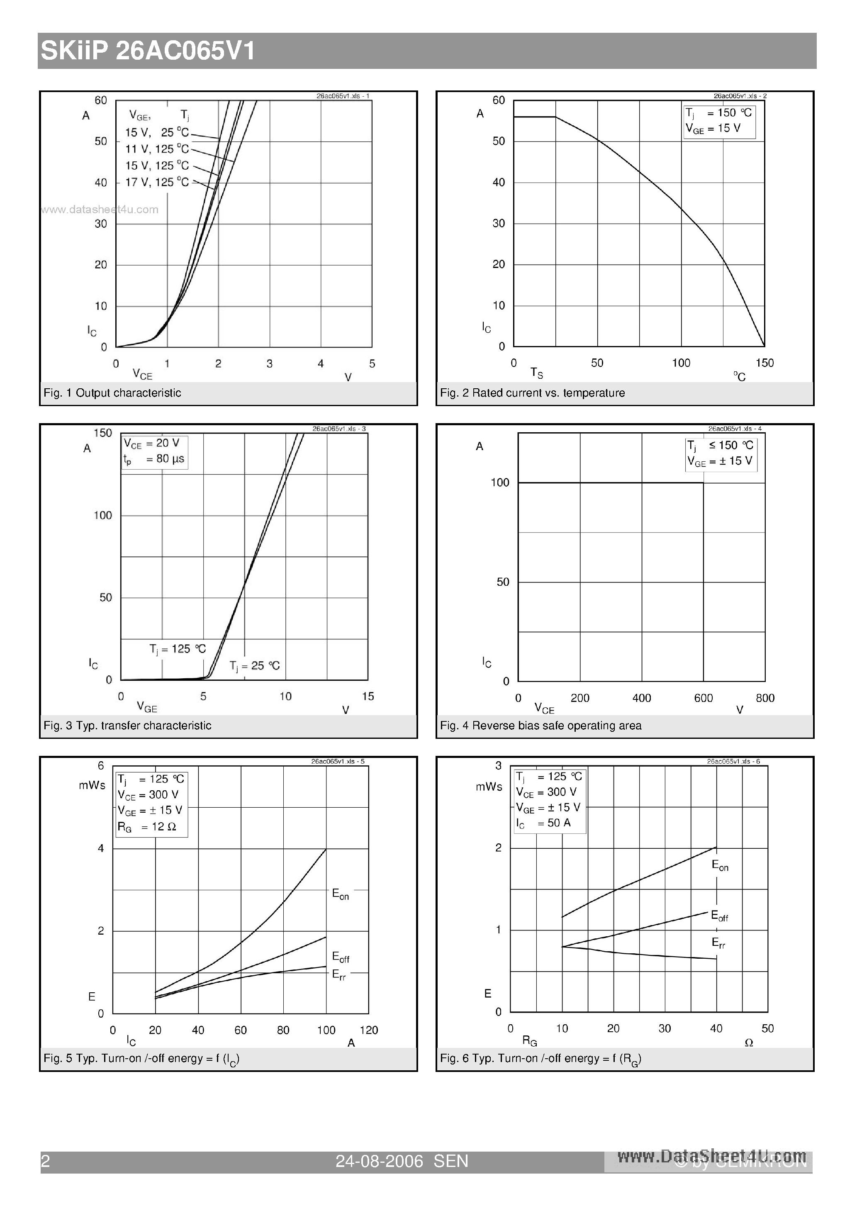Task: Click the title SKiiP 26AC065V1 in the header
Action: [x=148, y=51]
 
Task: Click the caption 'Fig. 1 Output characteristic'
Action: [x=112, y=392]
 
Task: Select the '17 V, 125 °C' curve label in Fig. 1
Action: [x=157, y=182]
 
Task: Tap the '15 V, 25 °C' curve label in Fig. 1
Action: [x=157, y=133]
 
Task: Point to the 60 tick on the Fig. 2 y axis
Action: [x=498, y=100]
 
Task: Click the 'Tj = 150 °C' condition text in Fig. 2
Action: [x=718, y=112]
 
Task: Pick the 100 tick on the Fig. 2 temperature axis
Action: [x=681, y=363]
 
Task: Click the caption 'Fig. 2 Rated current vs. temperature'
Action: [x=532, y=392]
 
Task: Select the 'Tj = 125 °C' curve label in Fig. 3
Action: [x=178, y=649]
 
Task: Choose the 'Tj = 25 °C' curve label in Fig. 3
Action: [x=255, y=666]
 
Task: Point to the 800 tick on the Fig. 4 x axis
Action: [x=764, y=698]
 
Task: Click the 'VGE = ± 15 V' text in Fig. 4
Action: [x=720, y=461]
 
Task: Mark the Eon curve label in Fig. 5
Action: [x=340, y=894]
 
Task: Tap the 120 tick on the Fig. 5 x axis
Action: [x=369, y=1030]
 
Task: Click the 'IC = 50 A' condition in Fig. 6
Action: [x=544, y=823]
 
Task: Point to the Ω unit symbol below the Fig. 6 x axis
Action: [x=749, y=1043]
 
